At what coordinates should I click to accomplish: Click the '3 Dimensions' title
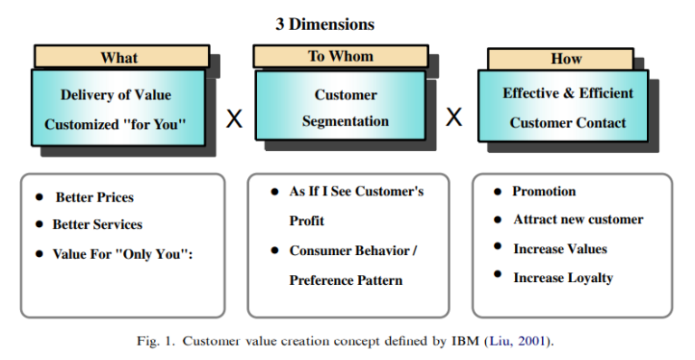(x=325, y=24)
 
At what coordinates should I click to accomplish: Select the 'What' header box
(x=119, y=57)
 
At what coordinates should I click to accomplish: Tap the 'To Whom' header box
(x=339, y=56)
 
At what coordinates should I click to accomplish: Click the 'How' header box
(x=566, y=59)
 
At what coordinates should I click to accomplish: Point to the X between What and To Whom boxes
(x=234, y=118)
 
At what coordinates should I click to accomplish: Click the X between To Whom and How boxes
(x=454, y=117)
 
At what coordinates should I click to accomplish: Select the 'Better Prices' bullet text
(x=94, y=197)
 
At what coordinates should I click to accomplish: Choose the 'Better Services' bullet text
(x=97, y=224)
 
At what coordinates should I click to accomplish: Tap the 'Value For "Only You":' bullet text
(x=123, y=254)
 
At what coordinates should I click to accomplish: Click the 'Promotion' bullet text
(x=544, y=192)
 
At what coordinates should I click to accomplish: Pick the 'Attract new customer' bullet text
(x=578, y=220)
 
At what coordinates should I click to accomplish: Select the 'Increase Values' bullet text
(x=560, y=249)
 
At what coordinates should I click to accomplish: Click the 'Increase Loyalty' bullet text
(x=563, y=278)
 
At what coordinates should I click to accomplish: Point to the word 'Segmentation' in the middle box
(x=346, y=121)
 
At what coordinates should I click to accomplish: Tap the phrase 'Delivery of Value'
(x=116, y=95)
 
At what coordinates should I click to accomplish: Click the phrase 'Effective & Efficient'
(x=568, y=93)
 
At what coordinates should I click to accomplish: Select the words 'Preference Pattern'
(x=346, y=280)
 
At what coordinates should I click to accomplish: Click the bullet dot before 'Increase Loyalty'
(x=499, y=276)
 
